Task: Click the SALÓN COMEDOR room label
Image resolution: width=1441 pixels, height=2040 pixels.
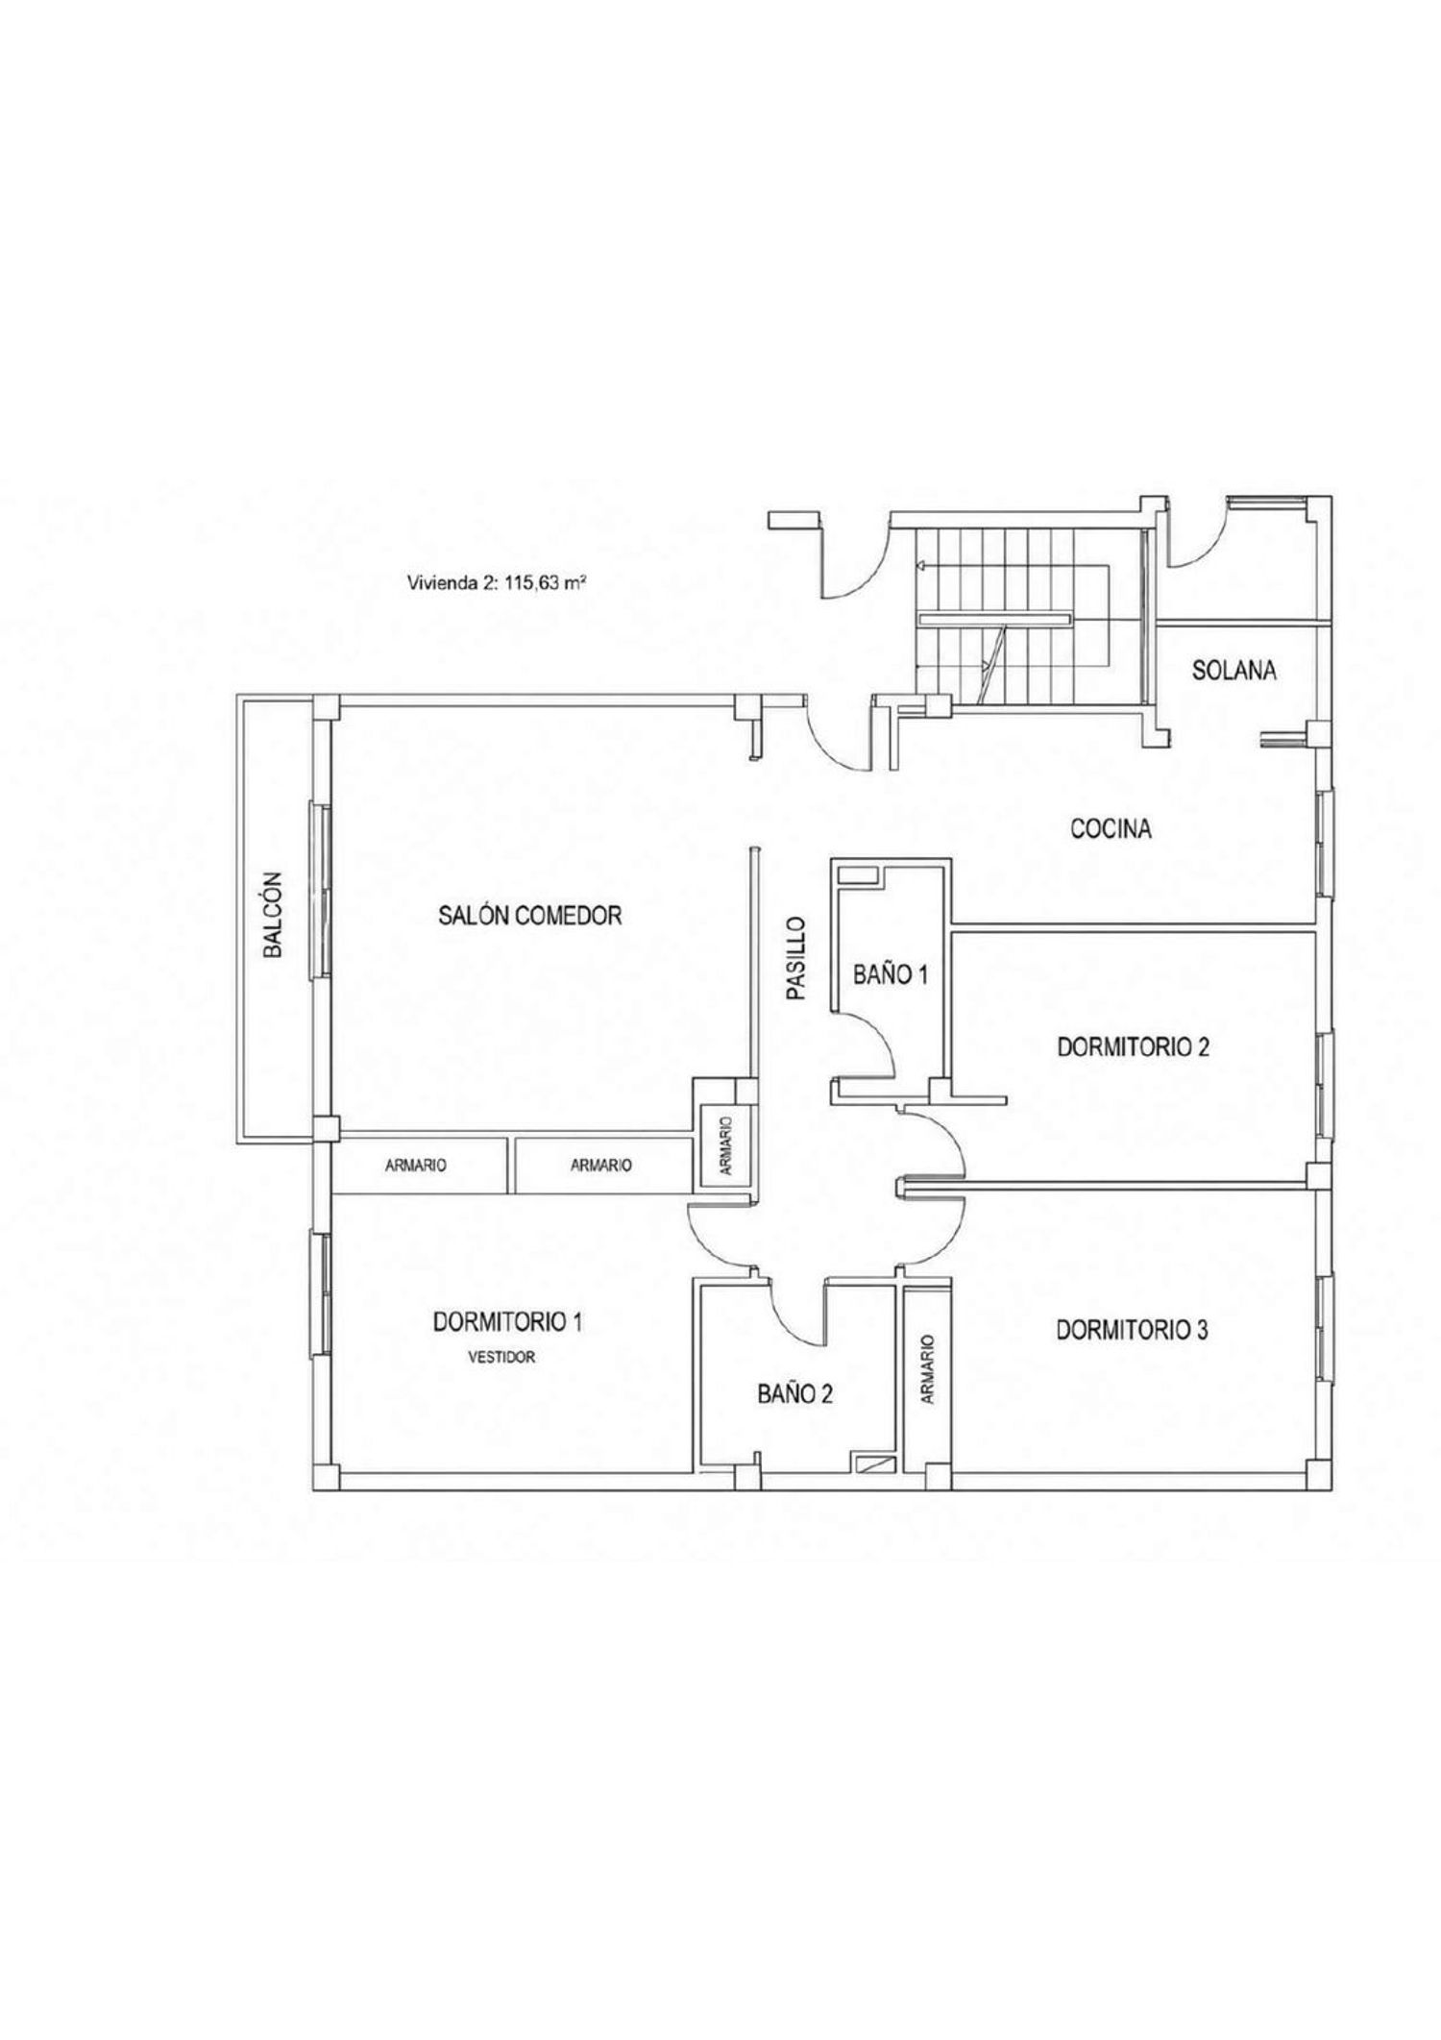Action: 530,915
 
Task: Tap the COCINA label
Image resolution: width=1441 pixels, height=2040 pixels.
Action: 1111,828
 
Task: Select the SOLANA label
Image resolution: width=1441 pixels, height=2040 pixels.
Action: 1234,671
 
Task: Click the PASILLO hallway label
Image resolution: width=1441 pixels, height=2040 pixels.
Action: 794,958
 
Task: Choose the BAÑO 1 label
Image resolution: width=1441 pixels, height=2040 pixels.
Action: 891,974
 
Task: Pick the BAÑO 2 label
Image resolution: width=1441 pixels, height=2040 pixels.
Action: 794,1393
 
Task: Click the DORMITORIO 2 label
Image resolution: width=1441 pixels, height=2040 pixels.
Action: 1133,1046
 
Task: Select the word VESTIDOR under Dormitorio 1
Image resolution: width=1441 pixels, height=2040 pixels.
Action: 501,1358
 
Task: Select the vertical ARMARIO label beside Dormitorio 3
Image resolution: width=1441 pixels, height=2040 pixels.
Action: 928,1369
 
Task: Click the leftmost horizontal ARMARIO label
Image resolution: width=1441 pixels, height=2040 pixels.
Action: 416,1166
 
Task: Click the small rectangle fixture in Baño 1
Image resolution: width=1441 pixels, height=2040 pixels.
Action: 858,875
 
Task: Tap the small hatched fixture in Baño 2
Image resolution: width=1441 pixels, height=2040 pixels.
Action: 874,1464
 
